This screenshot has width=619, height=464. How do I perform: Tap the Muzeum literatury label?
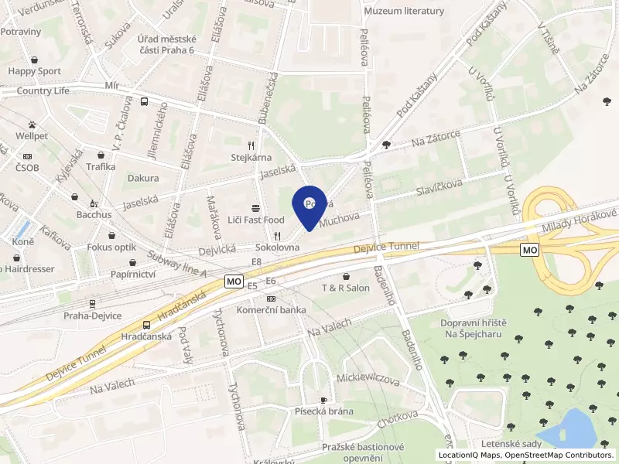coord(403,11)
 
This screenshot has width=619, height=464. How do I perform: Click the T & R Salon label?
coord(346,288)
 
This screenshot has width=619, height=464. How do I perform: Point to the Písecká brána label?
coord(323,411)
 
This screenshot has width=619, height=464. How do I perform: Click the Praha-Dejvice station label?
coord(92,316)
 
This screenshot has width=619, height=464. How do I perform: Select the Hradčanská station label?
coord(147,337)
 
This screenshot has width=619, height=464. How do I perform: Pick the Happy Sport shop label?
coord(34,71)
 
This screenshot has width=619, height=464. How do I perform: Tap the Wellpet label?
coord(32,136)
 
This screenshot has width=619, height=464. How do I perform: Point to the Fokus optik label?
coord(112,247)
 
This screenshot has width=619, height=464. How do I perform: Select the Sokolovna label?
coord(277,248)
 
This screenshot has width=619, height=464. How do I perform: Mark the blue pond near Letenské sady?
coord(572,429)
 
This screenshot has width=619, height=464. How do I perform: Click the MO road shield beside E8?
coord(234,281)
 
